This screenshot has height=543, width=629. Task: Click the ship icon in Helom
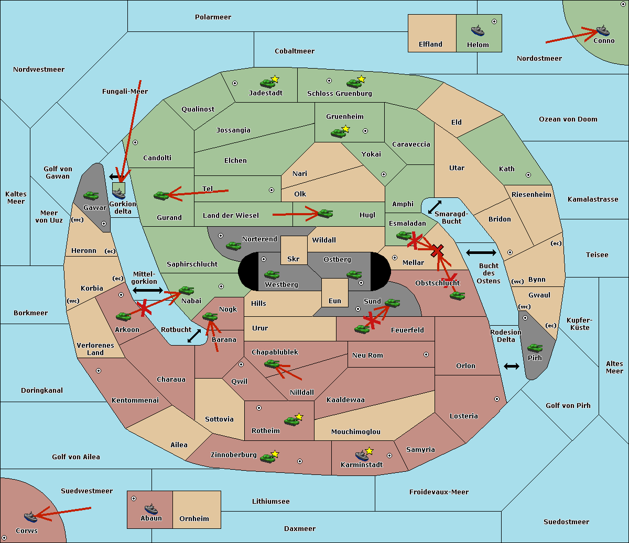(x=478, y=30)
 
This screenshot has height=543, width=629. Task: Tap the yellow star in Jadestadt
(x=275, y=79)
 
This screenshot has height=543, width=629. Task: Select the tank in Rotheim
(x=291, y=421)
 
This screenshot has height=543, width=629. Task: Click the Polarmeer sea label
(x=213, y=17)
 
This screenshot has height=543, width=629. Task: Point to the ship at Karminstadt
(x=362, y=456)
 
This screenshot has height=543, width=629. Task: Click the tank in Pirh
(x=535, y=348)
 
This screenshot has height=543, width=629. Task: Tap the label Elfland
(x=430, y=45)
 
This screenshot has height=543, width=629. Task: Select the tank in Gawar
(x=91, y=196)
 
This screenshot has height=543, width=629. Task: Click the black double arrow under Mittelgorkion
(x=148, y=290)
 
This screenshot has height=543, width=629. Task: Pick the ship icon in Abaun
(x=151, y=508)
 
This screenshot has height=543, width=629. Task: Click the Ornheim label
(x=194, y=519)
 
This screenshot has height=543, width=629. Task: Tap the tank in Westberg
(x=272, y=274)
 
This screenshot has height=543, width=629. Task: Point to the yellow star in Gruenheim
(x=345, y=129)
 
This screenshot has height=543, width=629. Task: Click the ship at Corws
(x=31, y=517)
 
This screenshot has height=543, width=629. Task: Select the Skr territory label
(x=293, y=259)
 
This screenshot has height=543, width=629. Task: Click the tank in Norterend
(x=233, y=246)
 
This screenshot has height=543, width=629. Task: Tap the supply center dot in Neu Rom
(x=426, y=354)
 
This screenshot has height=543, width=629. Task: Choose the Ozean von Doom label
(x=568, y=119)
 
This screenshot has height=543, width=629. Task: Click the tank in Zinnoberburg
(x=267, y=458)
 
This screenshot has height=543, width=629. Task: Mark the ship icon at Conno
(x=603, y=30)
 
